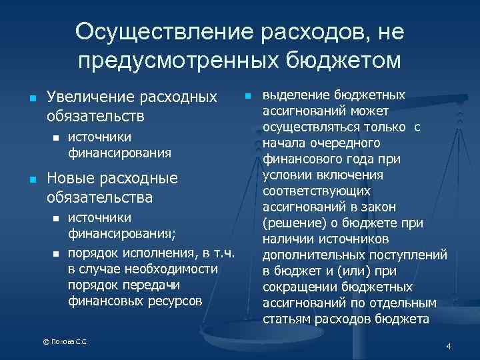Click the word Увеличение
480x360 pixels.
pos(91,97)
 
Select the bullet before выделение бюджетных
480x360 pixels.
pos(248,96)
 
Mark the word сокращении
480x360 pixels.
pos(301,287)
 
